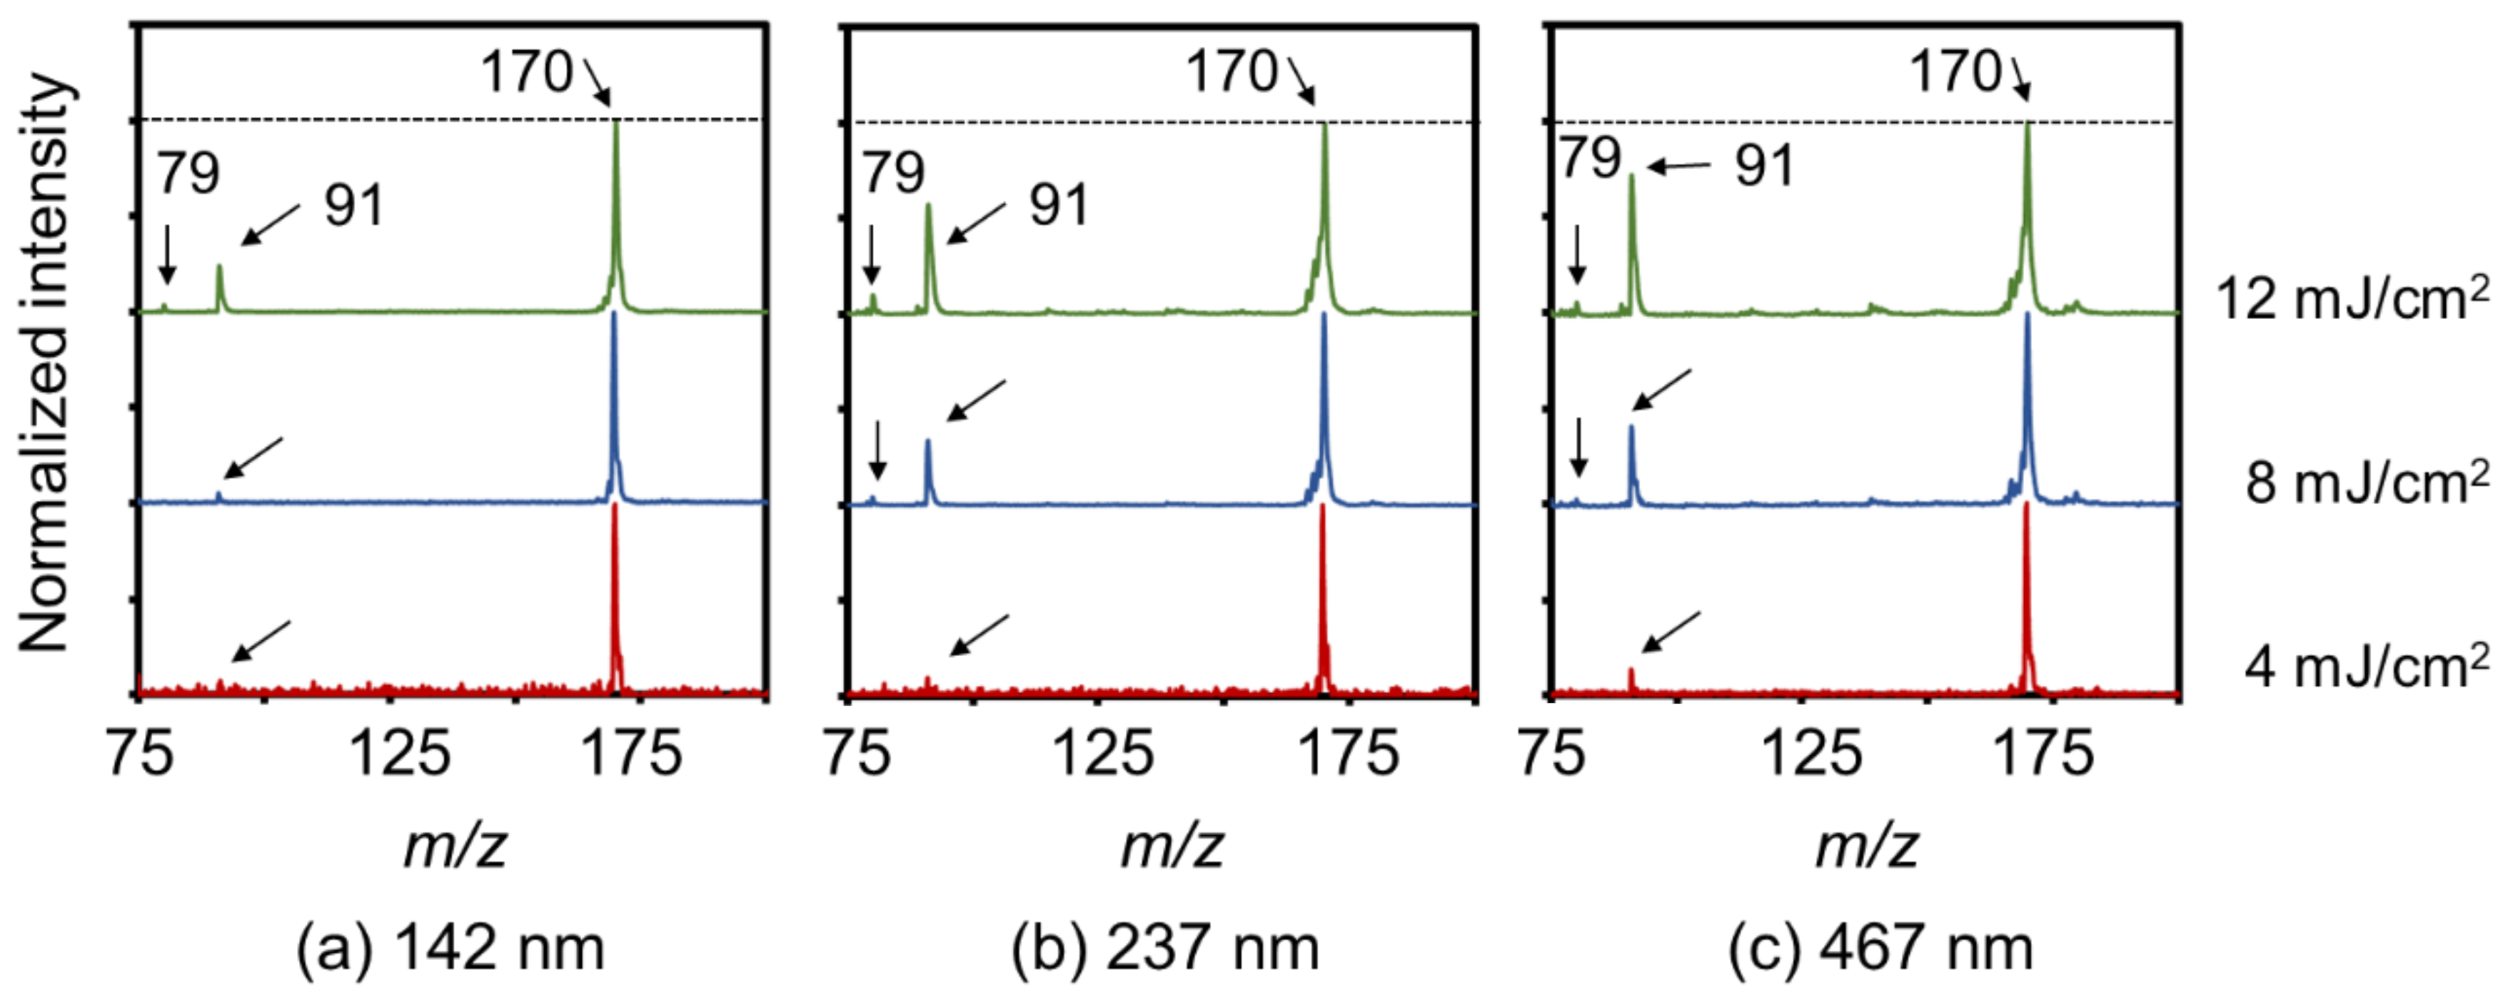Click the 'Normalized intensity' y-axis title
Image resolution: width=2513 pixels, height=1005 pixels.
pos(44,361)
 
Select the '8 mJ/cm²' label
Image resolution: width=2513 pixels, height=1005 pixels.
pos(2366,482)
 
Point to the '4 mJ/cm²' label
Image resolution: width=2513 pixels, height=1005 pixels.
pos(2366,667)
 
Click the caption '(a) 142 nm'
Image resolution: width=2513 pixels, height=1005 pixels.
pos(450,947)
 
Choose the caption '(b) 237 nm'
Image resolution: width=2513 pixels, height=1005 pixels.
pos(1165,947)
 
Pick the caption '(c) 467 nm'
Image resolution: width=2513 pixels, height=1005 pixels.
pos(1880,947)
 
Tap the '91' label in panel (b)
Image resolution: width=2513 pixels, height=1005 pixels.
pos(1059,205)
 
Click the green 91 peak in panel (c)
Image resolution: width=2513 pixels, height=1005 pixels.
pos(1632,195)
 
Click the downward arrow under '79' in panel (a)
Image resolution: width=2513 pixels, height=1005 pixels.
pos(168,253)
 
